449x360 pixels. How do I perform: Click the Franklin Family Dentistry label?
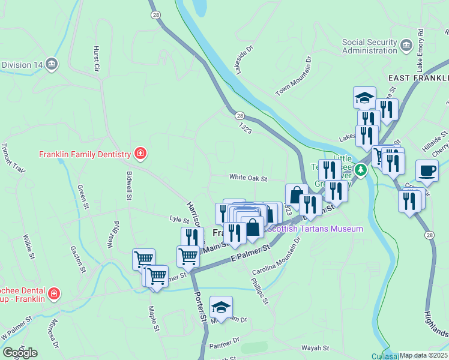click(x=84, y=154)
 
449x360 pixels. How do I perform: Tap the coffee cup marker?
click(x=427, y=171)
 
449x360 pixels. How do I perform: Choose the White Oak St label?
click(x=247, y=178)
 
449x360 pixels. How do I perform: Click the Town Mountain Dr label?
click(x=295, y=76)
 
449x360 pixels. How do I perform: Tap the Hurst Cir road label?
click(x=95, y=58)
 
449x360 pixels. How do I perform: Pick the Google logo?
click(x=20, y=353)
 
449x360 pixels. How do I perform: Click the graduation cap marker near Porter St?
click(x=221, y=308)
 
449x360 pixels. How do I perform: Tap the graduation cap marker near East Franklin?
click(x=364, y=97)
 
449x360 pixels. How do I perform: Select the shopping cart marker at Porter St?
click(x=188, y=256)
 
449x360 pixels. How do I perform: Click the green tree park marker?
click(x=360, y=170)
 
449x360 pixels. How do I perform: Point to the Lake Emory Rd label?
click(x=420, y=48)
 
